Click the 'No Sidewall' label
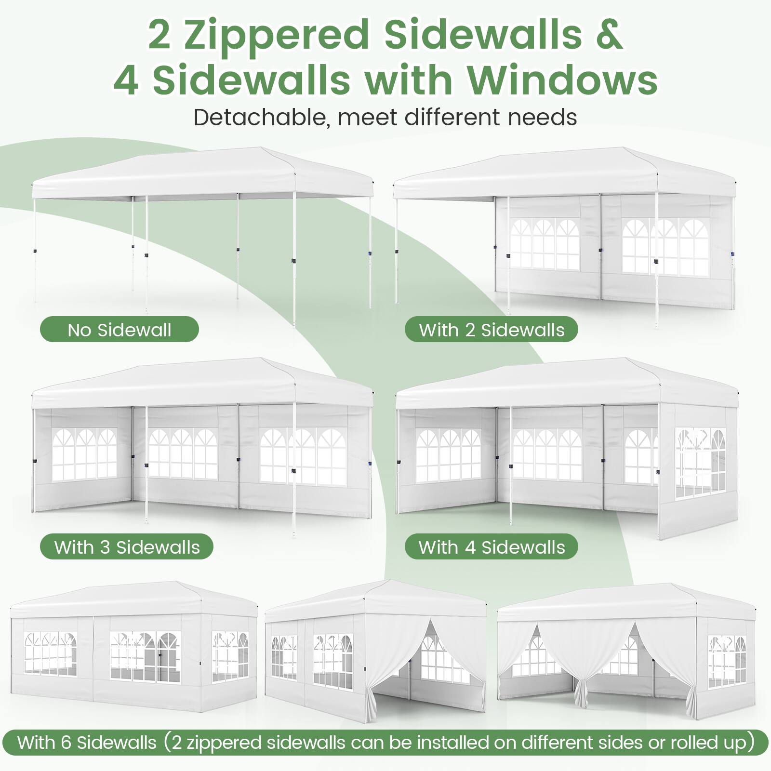point(119,330)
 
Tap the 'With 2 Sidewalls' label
point(491,330)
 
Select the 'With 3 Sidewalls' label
point(126,547)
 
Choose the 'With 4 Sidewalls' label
point(491,547)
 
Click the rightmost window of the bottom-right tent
point(727,660)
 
